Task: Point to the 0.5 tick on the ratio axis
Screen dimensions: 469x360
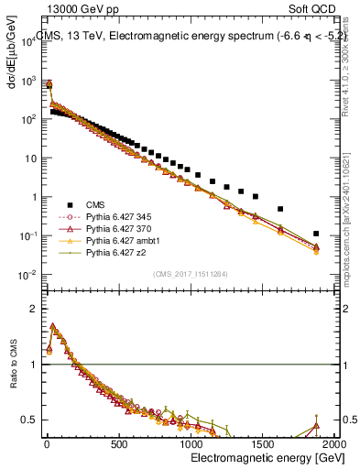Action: click(30, 420)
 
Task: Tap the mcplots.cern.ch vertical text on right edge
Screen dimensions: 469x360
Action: click(352, 234)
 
